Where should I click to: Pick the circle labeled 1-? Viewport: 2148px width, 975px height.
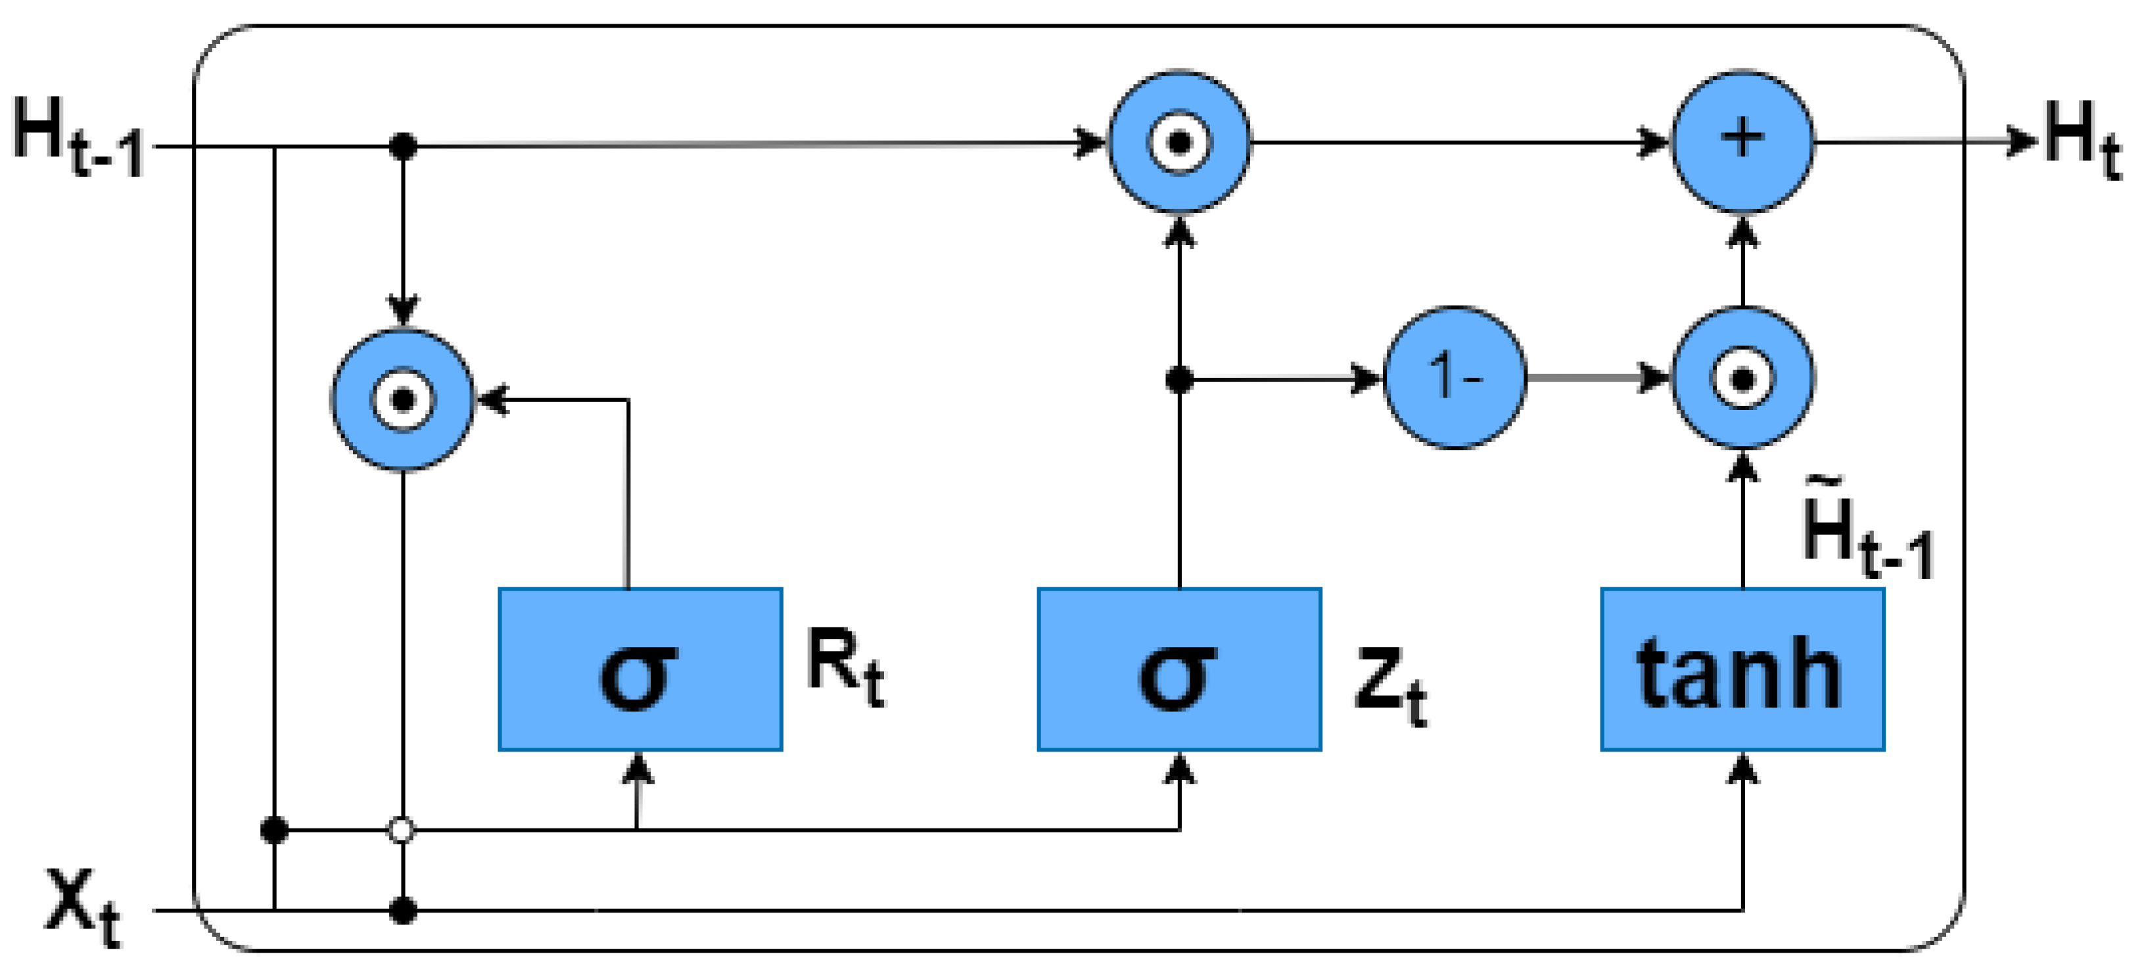[x=1455, y=378]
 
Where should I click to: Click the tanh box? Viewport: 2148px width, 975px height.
[x=1742, y=669]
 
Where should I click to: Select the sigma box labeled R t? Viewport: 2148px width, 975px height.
[x=640, y=669]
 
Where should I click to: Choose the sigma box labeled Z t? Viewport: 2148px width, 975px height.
[x=1179, y=669]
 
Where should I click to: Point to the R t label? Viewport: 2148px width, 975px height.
[x=845, y=667]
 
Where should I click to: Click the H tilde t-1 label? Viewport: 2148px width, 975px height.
[x=1866, y=533]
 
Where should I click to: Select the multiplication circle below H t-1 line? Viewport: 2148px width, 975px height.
[x=403, y=400]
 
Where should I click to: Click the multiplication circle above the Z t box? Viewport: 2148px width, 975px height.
[x=1179, y=142]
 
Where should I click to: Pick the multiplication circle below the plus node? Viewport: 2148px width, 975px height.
[x=1742, y=378]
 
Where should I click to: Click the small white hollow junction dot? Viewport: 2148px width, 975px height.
[x=402, y=830]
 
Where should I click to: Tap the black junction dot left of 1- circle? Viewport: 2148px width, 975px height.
[x=1179, y=380]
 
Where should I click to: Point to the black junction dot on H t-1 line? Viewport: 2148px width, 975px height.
[x=403, y=147]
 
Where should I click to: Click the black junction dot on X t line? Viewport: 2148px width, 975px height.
[x=403, y=910]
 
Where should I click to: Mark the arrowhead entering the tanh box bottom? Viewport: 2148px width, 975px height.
[x=1742, y=768]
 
